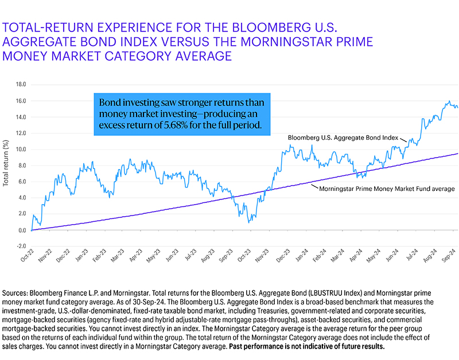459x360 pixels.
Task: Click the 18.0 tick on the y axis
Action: pos(20,84)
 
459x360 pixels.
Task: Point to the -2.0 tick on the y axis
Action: pos(20,246)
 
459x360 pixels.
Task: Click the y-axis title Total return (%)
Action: pos(7,166)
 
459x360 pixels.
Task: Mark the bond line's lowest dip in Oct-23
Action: pos(248,222)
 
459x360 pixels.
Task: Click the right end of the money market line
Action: pos(457,154)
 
